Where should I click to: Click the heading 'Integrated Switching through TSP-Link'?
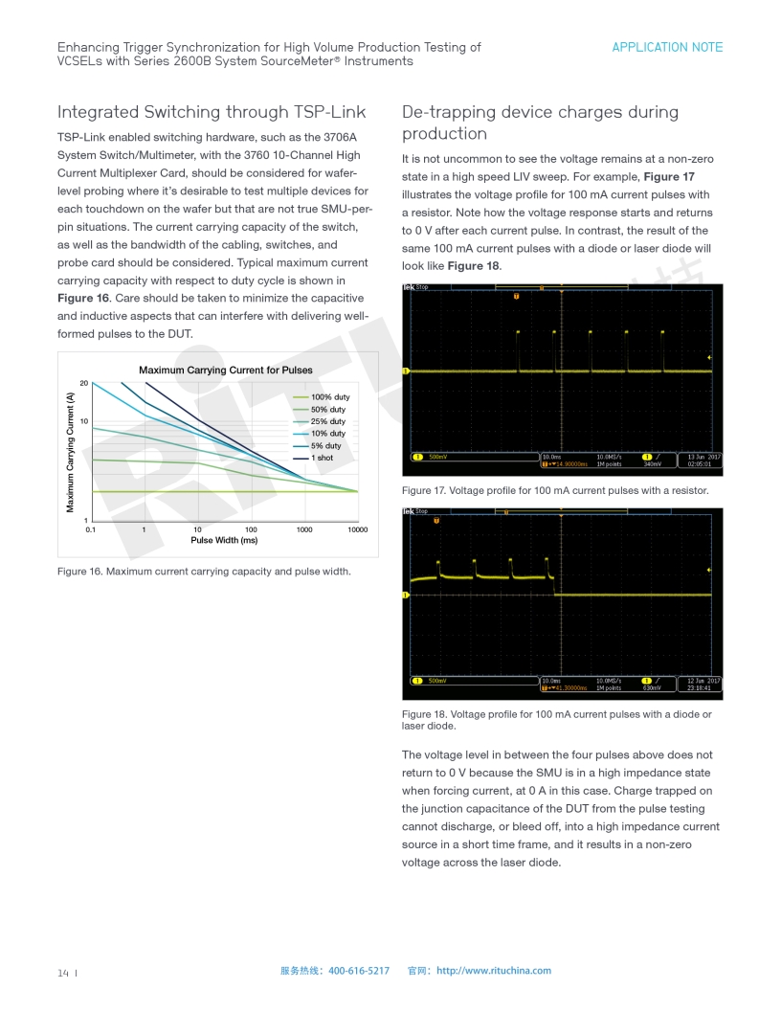[211, 112]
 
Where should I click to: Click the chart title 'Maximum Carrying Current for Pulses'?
[225, 370]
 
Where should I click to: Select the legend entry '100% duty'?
[329, 397]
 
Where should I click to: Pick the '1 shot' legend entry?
[322, 458]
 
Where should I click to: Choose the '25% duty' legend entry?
[327, 421]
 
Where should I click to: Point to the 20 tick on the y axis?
[84, 383]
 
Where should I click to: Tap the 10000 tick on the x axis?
[357, 529]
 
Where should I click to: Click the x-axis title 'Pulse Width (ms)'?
[224, 540]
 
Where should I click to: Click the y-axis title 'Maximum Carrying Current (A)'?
[71, 450]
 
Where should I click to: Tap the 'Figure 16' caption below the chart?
[204, 572]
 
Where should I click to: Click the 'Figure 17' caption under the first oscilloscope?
[555, 490]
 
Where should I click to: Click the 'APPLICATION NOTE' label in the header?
[667, 47]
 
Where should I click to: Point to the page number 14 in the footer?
[63, 972]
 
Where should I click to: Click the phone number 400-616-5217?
[359, 971]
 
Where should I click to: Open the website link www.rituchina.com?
[494, 971]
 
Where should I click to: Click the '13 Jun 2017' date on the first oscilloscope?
[703, 457]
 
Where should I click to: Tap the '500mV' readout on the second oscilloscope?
[436, 681]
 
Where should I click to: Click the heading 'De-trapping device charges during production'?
[540, 123]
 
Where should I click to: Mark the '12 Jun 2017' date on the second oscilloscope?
[703, 681]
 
